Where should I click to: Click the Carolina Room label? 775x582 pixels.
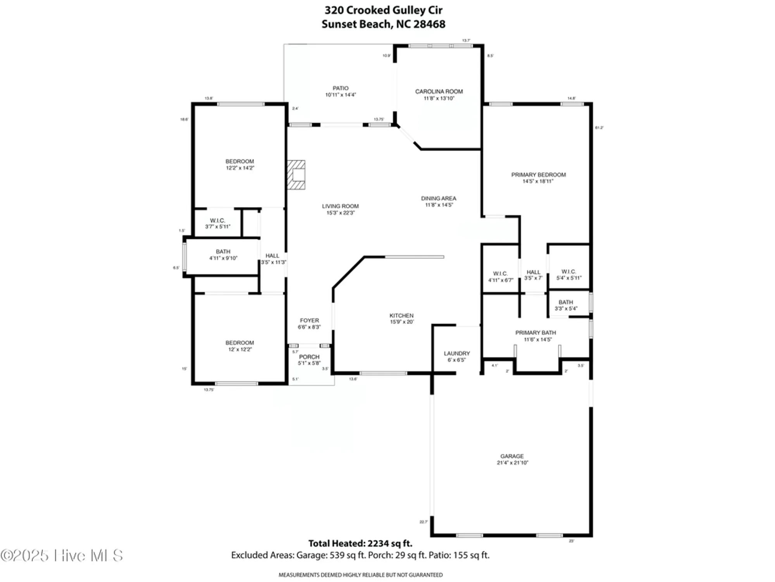[439, 92]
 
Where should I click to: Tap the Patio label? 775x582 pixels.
[340, 88]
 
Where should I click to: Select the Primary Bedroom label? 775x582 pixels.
[538, 175]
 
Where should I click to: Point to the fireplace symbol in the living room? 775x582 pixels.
[296, 175]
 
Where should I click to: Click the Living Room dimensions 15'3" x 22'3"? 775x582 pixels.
[340, 213]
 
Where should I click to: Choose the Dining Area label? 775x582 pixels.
[439, 198]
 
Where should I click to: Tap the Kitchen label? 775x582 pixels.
[401, 315]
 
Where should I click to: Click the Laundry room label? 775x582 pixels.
[456, 353]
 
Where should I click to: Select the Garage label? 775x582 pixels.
[512, 456]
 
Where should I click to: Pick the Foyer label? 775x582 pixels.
[309, 320]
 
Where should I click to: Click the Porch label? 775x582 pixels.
[309, 357]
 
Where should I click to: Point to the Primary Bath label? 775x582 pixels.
[536, 333]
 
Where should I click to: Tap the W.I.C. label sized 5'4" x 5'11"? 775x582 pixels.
[568, 272]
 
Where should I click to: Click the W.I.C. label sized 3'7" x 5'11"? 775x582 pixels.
[217, 220]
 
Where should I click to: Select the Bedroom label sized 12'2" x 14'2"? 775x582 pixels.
[240, 161]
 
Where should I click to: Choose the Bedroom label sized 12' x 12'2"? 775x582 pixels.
[240, 343]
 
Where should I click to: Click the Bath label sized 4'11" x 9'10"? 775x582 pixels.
[223, 251]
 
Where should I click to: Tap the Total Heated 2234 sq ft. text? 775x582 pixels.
[360, 543]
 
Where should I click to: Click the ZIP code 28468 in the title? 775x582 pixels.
[429, 24]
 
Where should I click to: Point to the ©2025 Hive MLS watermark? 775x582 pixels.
[62, 556]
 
